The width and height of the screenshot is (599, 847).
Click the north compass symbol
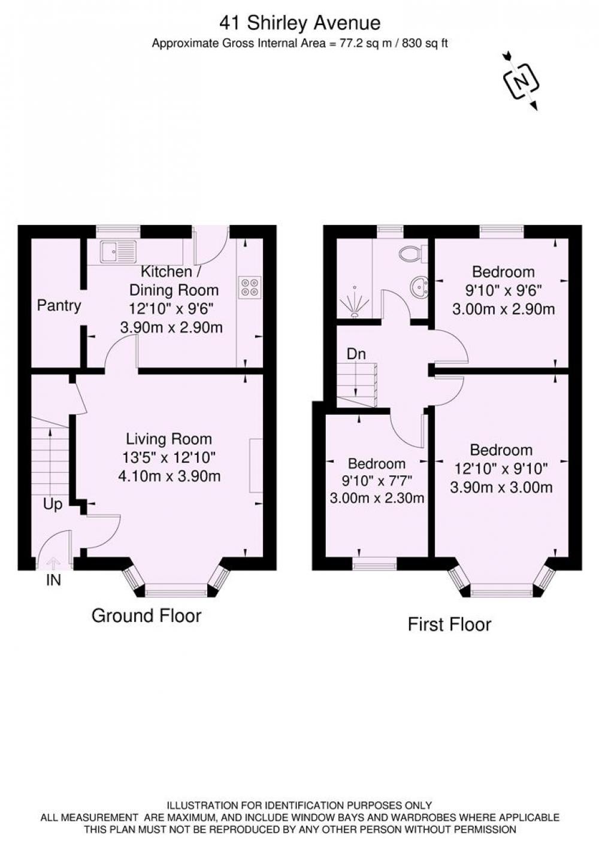(x=521, y=81)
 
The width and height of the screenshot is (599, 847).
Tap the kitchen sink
(x=118, y=251)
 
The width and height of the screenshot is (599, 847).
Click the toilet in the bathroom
(x=413, y=253)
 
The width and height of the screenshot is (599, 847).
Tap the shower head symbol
(x=355, y=301)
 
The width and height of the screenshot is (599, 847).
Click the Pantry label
(x=59, y=305)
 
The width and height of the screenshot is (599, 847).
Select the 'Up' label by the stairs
(x=53, y=504)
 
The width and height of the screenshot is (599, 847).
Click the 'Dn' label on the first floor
(x=356, y=354)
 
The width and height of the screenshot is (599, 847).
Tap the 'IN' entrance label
(x=53, y=580)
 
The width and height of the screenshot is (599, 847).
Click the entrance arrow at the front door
(x=53, y=563)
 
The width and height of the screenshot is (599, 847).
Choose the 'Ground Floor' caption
(x=146, y=615)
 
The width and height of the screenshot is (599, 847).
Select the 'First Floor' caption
(x=449, y=624)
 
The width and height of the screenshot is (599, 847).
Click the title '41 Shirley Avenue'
(x=299, y=23)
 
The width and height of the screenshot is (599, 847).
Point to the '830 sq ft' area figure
(x=425, y=44)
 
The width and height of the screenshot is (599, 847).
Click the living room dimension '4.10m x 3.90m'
(x=170, y=476)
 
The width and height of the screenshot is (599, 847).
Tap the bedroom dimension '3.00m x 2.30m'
(x=377, y=497)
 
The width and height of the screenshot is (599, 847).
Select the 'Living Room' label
(x=169, y=439)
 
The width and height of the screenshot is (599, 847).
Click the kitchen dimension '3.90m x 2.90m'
(x=171, y=327)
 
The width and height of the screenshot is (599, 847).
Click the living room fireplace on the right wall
(x=256, y=466)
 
